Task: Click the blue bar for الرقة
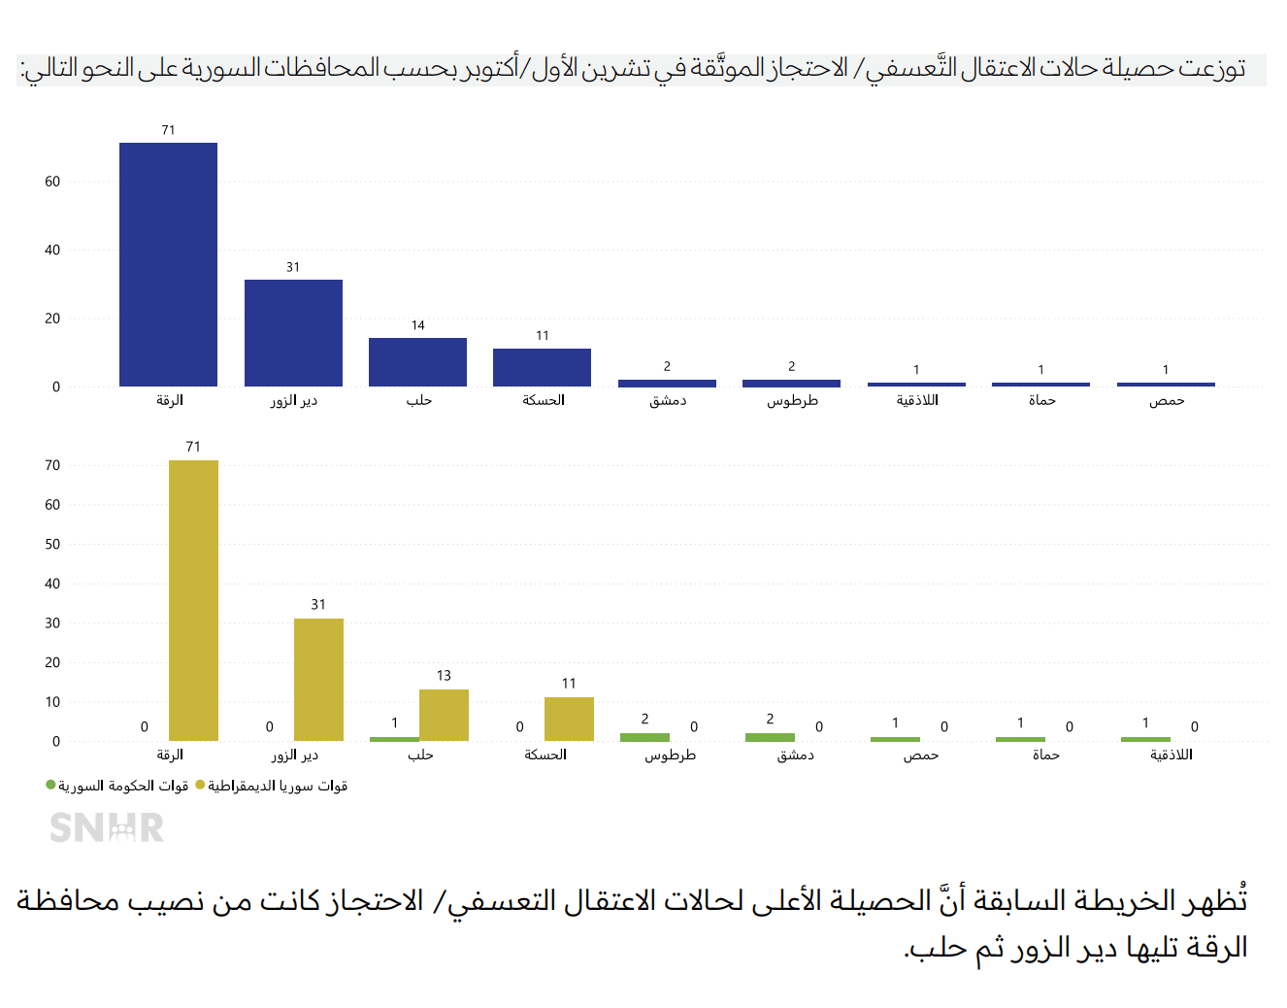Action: click(168, 264)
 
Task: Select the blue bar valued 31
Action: click(293, 333)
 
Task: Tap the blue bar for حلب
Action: click(417, 362)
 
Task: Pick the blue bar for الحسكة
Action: click(542, 367)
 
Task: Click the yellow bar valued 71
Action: click(193, 600)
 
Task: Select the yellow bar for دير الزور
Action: click(318, 680)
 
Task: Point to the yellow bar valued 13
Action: click(444, 715)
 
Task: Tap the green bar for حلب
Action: click(394, 739)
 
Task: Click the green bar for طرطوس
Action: click(644, 737)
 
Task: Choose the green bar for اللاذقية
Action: click(1145, 739)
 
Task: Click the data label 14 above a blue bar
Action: click(417, 325)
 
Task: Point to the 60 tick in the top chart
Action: click(52, 182)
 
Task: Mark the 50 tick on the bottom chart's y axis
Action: click(52, 544)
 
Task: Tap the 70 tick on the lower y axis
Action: click(52, 465)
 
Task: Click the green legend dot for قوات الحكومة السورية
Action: click(50, 785)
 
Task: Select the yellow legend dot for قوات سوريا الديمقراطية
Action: click(200, 785)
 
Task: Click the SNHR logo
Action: click(107, 827)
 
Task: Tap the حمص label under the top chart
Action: click(1166, 400)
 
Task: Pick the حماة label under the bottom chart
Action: click(1045, 755)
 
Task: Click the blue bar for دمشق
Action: click(667, 383)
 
